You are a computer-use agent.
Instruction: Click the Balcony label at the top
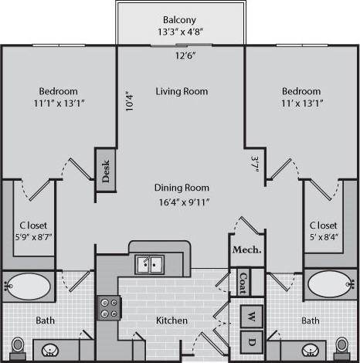point(179,20)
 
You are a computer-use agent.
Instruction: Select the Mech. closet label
point(246,249)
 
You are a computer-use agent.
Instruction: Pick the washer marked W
point(252,315)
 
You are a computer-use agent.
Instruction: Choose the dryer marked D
point(252,341)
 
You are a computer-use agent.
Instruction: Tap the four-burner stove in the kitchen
point(108,308)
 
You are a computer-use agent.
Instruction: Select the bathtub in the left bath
point(32,287)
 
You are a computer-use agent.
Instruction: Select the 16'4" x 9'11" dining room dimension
point(182,202)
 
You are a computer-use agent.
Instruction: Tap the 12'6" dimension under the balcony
point(183,56)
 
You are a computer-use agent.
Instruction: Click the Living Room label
point(182,91)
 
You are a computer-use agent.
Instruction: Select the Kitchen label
point(172,320)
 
